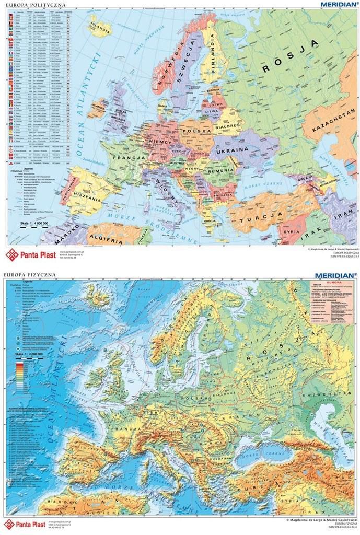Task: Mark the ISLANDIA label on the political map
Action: pyautogui.click(x=100, y=25)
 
